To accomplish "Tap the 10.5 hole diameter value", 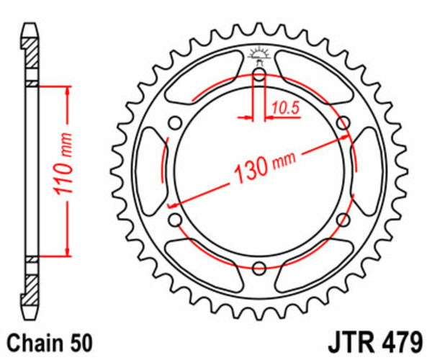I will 284,109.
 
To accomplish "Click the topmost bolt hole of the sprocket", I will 259,73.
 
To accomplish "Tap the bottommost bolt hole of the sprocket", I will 259,268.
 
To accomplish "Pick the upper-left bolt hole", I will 174,122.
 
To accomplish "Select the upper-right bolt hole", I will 343,122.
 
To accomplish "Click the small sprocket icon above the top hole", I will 259,53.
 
